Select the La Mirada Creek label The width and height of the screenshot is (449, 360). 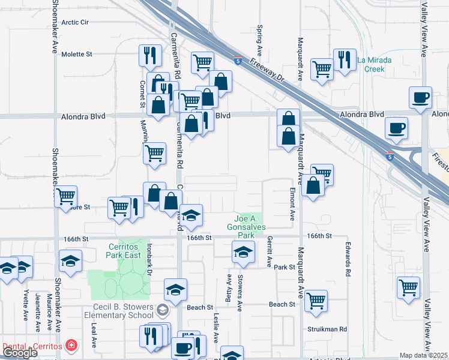(x=379, y=64)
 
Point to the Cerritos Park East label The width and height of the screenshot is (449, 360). (x=124, y=251)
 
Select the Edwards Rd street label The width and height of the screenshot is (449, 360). (x=348, y=259)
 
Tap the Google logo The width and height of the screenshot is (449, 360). (x=20, y=353)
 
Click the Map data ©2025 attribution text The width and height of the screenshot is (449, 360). (x=423, y=355)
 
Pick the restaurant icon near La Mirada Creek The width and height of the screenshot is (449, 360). (x=345, y=60)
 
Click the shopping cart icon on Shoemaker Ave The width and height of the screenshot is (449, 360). (x=66, y=196)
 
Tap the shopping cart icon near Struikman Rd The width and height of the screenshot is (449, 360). (x=316, y=301)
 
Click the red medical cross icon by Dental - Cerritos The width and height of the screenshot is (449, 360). (x=71, y=346)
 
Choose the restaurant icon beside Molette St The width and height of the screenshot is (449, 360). (x=149, y=56)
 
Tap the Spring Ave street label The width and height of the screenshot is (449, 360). (x=260, y=37)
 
